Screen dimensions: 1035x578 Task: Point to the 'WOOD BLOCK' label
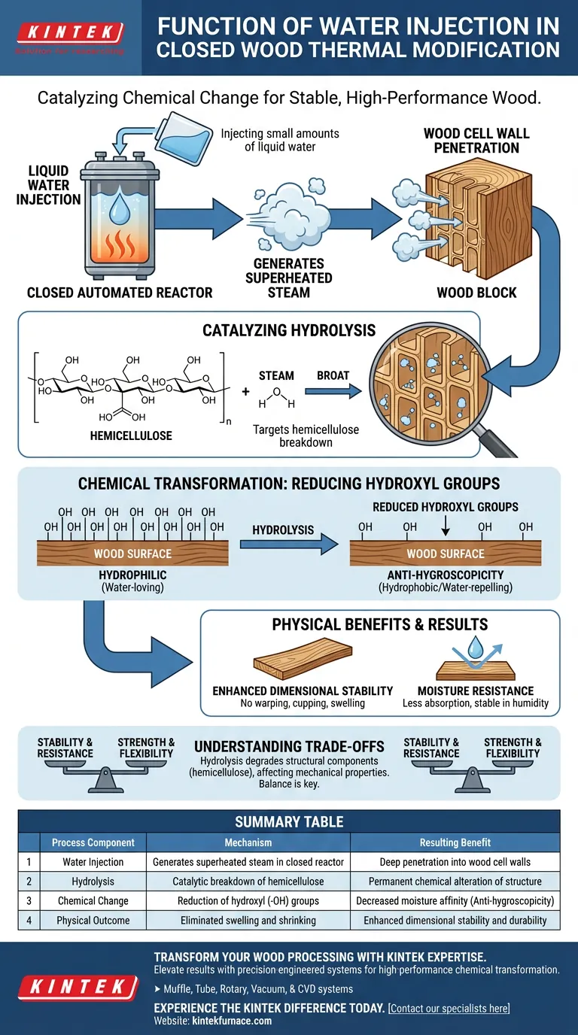click(x=476, y=292)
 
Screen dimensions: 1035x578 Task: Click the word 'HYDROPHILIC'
click(x=132, y=575)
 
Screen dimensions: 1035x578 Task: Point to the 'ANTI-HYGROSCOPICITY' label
click(x=445, y=575)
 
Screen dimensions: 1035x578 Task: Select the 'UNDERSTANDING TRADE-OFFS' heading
click(x=289, y=747)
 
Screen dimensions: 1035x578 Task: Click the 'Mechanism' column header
click(x=248, y=842)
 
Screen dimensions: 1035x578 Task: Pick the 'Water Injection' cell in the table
click(x=93, y=862)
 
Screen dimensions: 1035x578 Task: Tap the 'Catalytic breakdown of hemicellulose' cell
click(x=248, y=882)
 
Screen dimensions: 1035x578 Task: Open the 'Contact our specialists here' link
click(x=449, y=1008)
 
